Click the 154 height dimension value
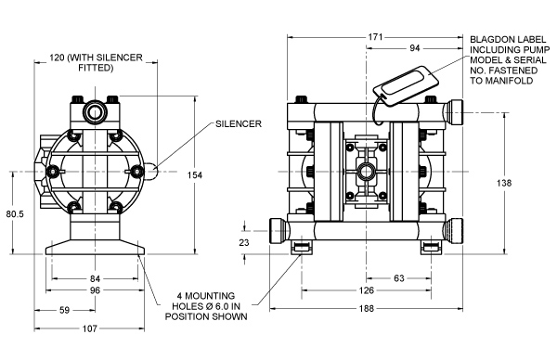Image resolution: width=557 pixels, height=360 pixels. point(195,175)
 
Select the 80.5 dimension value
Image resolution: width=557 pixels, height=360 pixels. point(15,214)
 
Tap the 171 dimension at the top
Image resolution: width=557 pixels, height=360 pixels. point(375,37)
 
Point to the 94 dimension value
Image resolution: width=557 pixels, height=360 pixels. point(415,48)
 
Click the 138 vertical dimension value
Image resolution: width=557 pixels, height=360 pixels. point(504,183)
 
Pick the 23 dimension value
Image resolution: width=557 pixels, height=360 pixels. point(244,242)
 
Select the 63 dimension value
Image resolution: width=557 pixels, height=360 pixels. point(399,278)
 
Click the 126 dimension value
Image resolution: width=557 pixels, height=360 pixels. point(367,290)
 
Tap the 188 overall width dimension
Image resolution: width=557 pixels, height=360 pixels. point(367,309)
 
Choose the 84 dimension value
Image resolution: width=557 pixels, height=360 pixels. point(95,278)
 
